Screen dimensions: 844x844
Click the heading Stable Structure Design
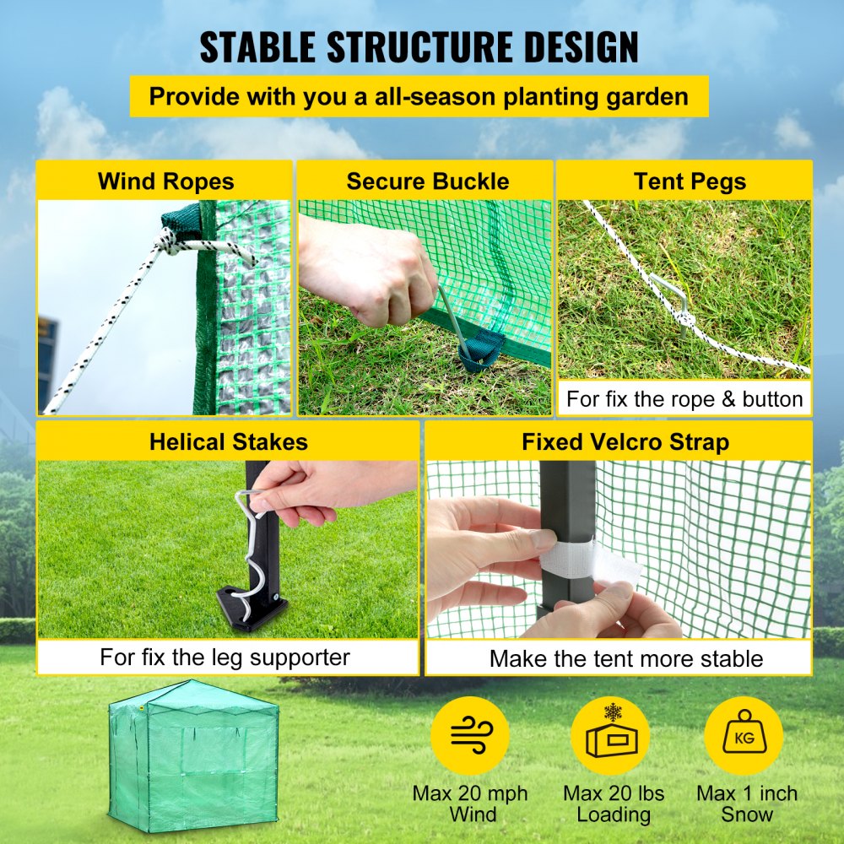coord(419,47)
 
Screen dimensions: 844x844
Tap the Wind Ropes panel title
coord(165,181)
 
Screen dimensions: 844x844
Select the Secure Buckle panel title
coord(427,181)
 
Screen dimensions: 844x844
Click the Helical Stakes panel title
coord(228,441)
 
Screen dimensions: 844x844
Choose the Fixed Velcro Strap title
coord(625,441)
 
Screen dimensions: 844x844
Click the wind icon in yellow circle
coord(470,735)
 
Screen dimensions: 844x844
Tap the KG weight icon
coord(744,735)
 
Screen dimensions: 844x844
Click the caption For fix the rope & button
coord(684,398)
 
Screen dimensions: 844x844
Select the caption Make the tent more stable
coord(625,658)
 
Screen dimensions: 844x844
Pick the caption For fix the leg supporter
coord(225,657)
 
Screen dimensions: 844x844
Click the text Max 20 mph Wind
coord(470,803)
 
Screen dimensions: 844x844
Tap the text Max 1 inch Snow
coord(746,803)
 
